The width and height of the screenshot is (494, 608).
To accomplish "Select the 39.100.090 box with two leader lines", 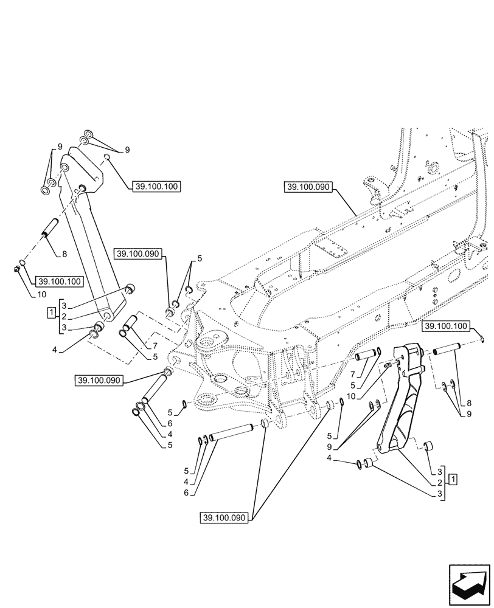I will [x=224, y=517].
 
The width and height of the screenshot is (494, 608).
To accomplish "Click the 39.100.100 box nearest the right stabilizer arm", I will [x=446, y=326].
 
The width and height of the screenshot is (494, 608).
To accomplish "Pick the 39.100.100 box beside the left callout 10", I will [x=59, y=282].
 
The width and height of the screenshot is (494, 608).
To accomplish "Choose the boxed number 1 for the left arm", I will [x=51, y=313].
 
